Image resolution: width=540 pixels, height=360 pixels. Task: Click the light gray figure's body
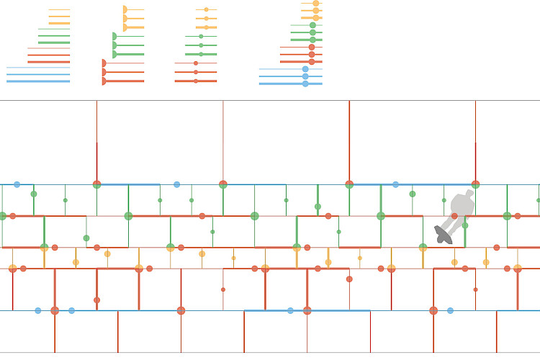(x=461, y=207)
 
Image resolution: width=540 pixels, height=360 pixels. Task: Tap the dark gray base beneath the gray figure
(x=443, y=234)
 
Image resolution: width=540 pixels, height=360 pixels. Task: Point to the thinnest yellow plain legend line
(x=59, y=9)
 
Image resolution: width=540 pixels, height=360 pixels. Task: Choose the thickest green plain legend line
(x=54, y=42)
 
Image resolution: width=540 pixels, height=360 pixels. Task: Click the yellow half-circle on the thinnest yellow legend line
(x=125, y=9)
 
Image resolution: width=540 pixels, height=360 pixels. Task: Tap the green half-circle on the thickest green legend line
(x=114, y=54)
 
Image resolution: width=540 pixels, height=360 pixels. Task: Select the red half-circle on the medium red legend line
(x=104, y=72)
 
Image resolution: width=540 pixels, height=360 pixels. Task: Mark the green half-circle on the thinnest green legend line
(x=114, y=36)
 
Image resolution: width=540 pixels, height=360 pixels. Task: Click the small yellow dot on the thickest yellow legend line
(x=206, y=27)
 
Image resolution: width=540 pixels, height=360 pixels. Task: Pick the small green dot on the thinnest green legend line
(x=201, y=36)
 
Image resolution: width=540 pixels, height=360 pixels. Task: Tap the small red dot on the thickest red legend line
(x=196, y=81)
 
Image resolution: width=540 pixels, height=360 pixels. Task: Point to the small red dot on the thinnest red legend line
(x=196, y=63)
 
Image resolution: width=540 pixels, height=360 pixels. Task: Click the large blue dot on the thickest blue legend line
(x=305, y=84)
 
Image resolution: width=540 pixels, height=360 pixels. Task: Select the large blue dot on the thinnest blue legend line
(x=305, y=69)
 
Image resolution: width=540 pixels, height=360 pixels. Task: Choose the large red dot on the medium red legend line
(x=311, y=54)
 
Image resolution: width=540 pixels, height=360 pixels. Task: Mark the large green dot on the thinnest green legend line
(x=312, y=25)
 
